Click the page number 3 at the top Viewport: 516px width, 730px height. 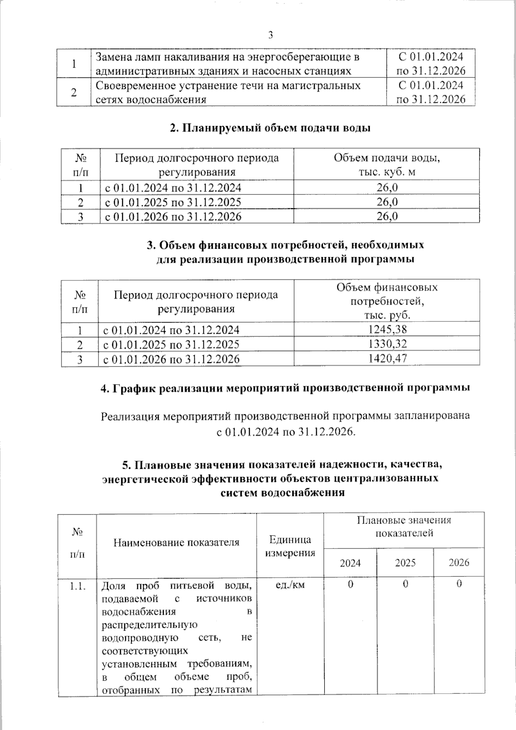(x=270, y=36)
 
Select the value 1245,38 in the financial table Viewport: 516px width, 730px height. (x=387, y=330)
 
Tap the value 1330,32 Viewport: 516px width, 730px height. (x=387, y=344)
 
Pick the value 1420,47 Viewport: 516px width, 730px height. (x=387, y=358)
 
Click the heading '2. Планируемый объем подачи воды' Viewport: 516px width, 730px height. (x=270, y=128)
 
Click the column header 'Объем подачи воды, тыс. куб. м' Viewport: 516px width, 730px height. (x=387, y=165)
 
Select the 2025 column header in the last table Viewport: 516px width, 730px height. (x=405, y=563)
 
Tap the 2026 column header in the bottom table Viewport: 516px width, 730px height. (x=459, y=563)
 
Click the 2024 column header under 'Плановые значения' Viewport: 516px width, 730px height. (x=350, y=563)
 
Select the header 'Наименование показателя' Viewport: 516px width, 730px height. (x=176, y=542)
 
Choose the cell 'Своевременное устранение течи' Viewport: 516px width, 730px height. (x=228, y=92)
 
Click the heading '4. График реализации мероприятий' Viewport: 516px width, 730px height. (x=285, y=388)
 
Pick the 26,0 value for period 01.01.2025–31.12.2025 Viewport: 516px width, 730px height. (x=387, y=202)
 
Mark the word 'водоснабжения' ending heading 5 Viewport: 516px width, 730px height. (x=283, y=493)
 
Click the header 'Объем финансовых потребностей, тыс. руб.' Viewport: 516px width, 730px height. (x=387, y=301)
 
